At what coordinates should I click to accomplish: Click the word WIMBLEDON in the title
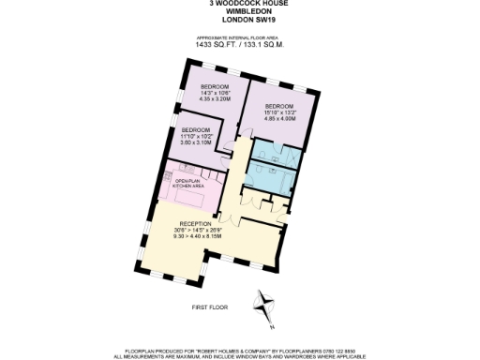pyautogui.click(x=239, y=10)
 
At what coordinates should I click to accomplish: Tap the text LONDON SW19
pyautogui.click(x=239, y=18)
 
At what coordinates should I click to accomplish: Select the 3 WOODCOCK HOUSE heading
pyautogui.click(x=239, y=3)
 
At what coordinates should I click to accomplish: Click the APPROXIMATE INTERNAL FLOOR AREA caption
pyautogui.click(x=239, y=35)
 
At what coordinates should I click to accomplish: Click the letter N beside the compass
pyautogui.click(x=272, y=325)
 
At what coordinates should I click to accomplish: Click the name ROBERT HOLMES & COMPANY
pyautogui.click(x=213, y=348)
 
